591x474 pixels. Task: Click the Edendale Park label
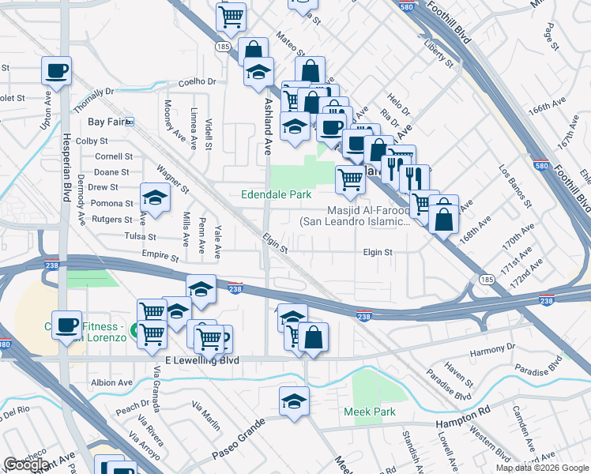pyautogui.click(x=276, y=194)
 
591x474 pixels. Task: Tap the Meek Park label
pyautogui.click(x=369, y=412)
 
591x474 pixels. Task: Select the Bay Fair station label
pyautogui.click(x=107, y=122)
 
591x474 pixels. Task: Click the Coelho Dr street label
pyautogui.click(x=197, y=81)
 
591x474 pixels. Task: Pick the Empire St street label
pyautogui.click(x=161, y=255)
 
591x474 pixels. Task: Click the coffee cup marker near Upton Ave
pyautogui.click(x=57, y=70)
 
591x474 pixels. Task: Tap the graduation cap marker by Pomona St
pyautogui.click(x=156, y=197)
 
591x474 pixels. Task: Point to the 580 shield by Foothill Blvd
pyautogui.click(x=405, y=6)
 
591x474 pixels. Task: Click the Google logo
pyautogui.click(x=27, y=465)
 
